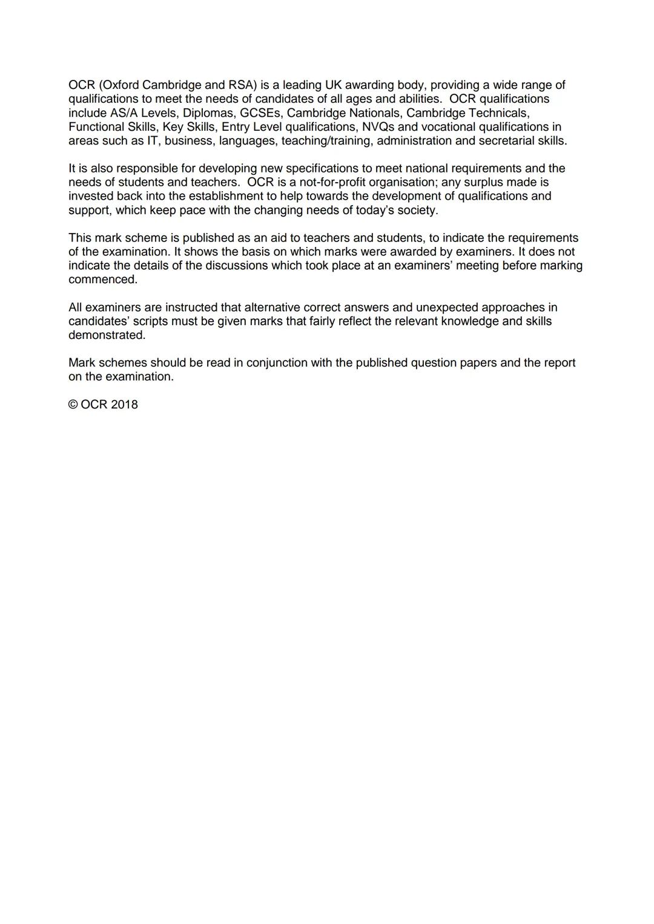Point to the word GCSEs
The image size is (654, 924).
pyautogui.click(x=260, y=113)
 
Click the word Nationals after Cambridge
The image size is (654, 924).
pyautogui.click(x=375, y=113)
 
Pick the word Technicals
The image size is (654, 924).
pyautogui.click(x=498, y=113)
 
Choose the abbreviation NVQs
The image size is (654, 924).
pyautogui.click(x=378, y=126)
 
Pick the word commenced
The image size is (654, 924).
pyautogui.click(x=103, y=280)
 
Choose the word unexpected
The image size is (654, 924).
pyautogui.click(x=446, y=307)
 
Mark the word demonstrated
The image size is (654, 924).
pyautogui.click(x=107, y=335)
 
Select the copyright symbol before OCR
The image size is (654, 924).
pyautogui.click(x=73, y=405)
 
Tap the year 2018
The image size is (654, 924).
pyautogui.click(x=124, y=405)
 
